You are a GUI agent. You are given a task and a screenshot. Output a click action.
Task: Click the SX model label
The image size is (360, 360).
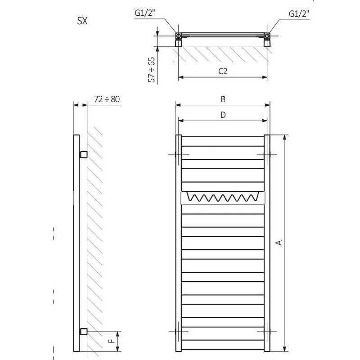(82, 21)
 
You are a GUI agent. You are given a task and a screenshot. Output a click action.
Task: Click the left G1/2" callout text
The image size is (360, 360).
(145, 13)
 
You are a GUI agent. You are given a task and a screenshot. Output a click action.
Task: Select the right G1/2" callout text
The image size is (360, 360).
(299, 14)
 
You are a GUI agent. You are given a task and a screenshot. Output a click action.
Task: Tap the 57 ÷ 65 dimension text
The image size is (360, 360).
(152, 70)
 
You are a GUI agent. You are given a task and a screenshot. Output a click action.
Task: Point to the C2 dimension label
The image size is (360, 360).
(223, 71)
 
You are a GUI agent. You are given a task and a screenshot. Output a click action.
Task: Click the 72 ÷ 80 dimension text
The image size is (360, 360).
(107, 99)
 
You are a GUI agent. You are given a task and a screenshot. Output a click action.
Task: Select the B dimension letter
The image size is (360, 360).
(223, 99)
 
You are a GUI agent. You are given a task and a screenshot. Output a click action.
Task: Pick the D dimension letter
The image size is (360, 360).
(223, 115)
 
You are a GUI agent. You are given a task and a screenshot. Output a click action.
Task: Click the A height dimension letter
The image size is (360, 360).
(279, 243)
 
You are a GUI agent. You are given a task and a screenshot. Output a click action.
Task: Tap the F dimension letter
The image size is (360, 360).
(111, 341)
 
